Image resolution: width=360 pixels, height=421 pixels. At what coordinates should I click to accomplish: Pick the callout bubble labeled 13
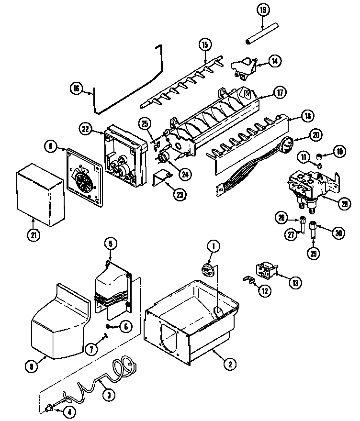tap(295, 283)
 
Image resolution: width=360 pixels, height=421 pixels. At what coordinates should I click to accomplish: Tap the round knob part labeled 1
tap(208, 271)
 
